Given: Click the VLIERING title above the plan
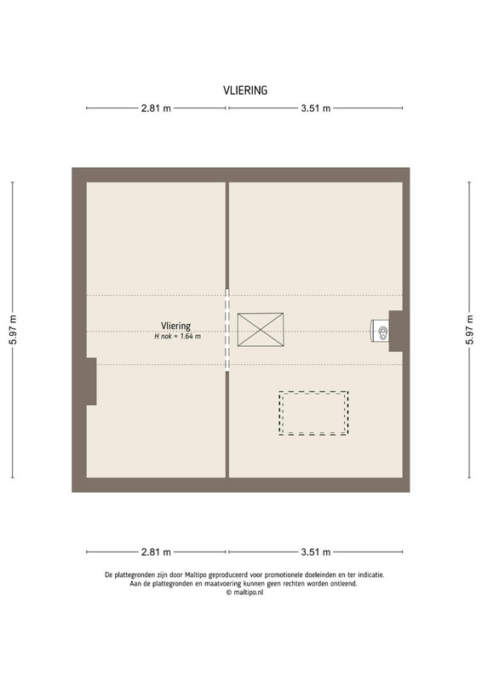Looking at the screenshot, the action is click(x=245, y=90).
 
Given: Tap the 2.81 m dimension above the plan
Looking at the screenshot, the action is click(x=156, y=108).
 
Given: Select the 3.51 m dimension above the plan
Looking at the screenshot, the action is click(x=316, y=108).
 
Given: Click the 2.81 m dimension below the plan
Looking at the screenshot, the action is click(x=156, y=552).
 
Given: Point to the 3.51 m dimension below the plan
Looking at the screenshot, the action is click(x=316, y=552).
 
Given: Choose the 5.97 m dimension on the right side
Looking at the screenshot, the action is click(x=469, y=330).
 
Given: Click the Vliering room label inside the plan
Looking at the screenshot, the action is click(x=175, y=326).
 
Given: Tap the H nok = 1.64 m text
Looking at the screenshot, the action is click(x=178, y=336).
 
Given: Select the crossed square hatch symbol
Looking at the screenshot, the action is click(x=261, y=330).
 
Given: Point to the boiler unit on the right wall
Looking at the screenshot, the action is click(x=380, y=331).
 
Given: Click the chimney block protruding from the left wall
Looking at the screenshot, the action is click(x=91, y=381).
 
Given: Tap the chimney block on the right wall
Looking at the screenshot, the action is click(x=395, y=331).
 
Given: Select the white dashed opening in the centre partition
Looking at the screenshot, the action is click(x=227, y=330).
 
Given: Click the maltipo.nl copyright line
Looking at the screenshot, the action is click(x=244, y=592).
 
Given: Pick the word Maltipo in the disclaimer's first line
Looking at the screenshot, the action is click(x=196, y=575).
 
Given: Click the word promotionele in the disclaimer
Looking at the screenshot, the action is click(x=284, y=575).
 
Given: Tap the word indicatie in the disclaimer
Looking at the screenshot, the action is click(x=370, y=575).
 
